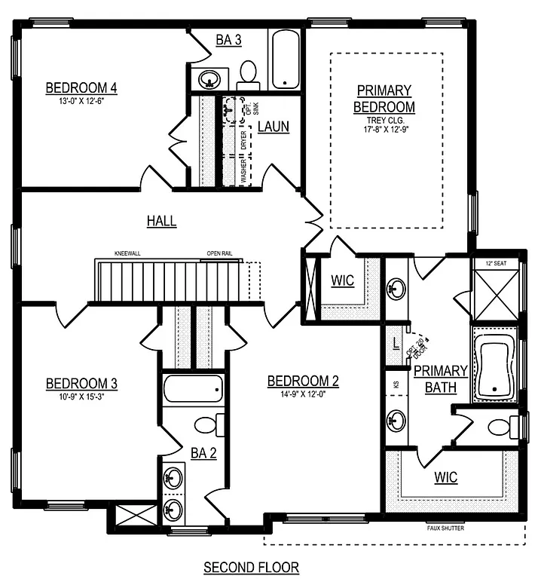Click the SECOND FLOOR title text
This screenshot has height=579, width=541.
(x=252, y=566)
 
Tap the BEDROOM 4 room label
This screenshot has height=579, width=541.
(x=81, y=86)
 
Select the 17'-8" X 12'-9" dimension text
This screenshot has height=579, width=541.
(x=384, y=129)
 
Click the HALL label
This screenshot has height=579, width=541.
(x=161, y=221)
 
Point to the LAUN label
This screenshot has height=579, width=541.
(x=273, y=127)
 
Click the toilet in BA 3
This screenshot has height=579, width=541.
(x=248, y=73)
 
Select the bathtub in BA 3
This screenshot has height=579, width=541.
(x=285, y=60)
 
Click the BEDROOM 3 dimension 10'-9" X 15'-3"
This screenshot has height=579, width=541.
(x=81, y=397)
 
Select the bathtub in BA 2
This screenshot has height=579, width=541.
(x=194, y=390)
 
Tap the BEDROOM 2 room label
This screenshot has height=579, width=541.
(x=303, y=381)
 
